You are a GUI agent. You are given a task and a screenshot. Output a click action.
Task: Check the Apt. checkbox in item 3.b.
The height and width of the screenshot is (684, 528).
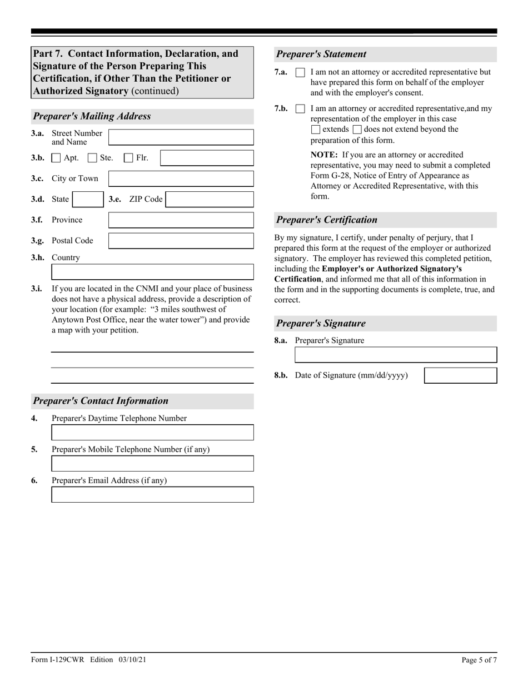pos(56,158)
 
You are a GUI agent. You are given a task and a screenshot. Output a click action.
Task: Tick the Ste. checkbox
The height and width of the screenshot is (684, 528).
pos(93,158)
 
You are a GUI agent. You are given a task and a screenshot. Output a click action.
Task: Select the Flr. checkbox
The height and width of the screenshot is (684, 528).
pos(128,158)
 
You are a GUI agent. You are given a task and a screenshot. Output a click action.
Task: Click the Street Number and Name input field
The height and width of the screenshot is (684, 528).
pos(181,137)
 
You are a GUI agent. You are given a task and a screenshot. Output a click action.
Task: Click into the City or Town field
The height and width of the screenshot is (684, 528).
pos(181,179)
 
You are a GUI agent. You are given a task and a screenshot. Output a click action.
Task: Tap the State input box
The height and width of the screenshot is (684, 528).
pos(87,199)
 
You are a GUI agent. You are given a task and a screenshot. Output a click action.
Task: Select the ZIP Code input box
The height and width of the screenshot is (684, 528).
pos(210,199)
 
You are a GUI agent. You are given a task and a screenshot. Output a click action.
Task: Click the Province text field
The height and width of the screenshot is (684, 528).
pos(181,220)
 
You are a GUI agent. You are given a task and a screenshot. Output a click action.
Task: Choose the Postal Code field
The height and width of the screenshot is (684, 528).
pos(181,241)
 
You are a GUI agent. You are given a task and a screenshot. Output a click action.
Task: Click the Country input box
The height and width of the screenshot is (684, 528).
pos(152,272)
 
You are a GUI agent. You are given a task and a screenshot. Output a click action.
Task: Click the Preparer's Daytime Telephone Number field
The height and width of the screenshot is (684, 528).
pos(152,433)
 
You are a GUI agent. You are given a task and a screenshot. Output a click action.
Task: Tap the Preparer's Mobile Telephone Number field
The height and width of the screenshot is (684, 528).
pos(152,464)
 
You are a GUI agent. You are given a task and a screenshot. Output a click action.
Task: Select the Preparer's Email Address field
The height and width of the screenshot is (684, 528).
pos(152,495)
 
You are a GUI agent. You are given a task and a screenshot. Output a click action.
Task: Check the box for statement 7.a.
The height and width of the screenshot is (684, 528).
pos(300,73)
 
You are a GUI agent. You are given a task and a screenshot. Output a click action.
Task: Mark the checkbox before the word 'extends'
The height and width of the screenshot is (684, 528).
pos(316,130)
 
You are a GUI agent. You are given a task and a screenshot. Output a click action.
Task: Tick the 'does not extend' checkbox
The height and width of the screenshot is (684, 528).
pos(357,130)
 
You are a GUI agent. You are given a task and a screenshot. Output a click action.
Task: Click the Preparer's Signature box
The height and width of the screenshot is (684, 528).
pos(395,355)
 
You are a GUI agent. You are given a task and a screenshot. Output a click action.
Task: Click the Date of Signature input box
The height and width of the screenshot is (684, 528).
pos(460,376)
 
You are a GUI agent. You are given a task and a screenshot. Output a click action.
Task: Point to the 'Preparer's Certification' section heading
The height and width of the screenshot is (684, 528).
pos(327,220)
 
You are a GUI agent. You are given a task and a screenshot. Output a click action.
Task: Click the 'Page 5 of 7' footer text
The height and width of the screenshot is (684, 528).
pos(479,660)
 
